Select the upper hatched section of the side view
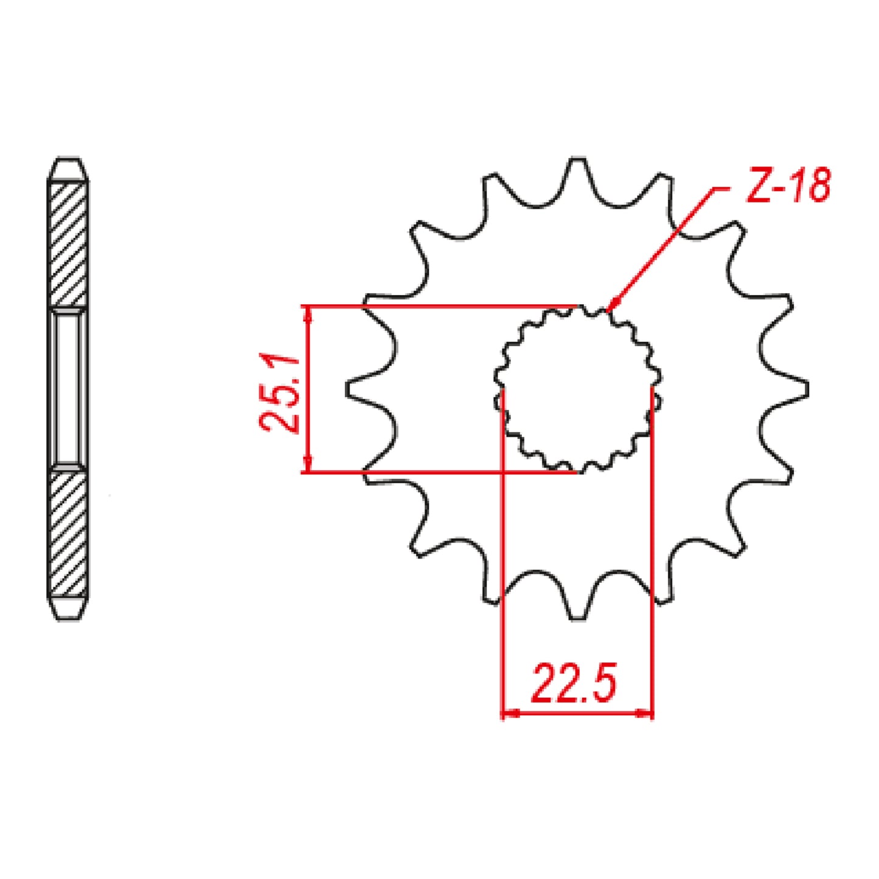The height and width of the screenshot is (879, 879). pyautogui.click(x=68, y=243)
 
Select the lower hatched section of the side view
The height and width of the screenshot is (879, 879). pyautogui.click(x=68, y=532)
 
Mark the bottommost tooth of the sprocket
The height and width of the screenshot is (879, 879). pyautogui.click(x=578, y=608)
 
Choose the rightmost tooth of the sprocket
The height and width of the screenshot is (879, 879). pyautogui.click(x=798, y=388)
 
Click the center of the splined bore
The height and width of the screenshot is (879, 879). pyautogui.click(x=577, y=389)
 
